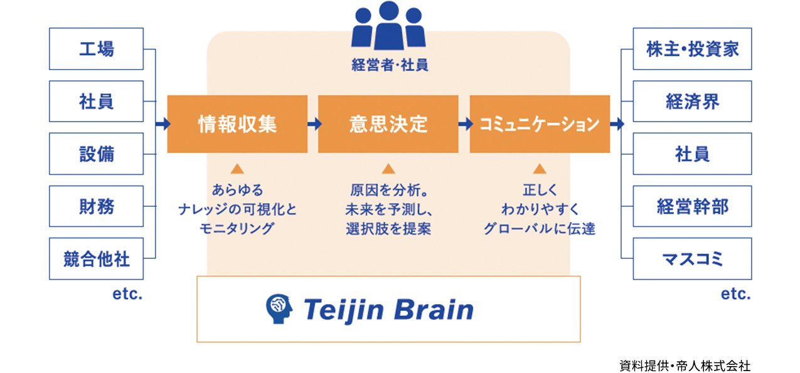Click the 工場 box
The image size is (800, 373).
96,49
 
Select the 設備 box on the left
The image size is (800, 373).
96,154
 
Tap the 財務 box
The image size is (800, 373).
96,206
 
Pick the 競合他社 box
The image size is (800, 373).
96,258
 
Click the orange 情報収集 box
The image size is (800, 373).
237,124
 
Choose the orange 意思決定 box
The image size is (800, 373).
388,124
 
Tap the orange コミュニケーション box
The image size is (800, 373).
540,124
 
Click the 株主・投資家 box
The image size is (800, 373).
692,49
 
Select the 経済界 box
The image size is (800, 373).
692,101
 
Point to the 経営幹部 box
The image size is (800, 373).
692,206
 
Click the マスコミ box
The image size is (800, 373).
692,258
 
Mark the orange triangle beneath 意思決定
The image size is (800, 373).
388,169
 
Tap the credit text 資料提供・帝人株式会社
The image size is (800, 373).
685,365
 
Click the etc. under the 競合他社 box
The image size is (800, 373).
127,293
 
